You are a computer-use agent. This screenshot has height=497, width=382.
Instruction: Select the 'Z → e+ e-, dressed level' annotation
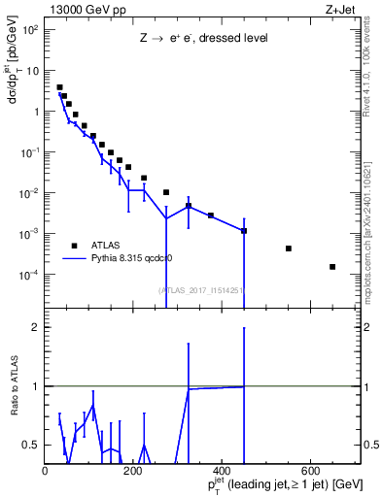coord(201,40)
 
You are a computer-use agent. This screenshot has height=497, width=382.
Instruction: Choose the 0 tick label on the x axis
coord(46,471)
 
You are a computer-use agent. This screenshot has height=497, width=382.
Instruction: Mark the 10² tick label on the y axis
coord(29,30)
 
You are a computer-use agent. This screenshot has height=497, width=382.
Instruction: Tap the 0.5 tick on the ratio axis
coord(30,445)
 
